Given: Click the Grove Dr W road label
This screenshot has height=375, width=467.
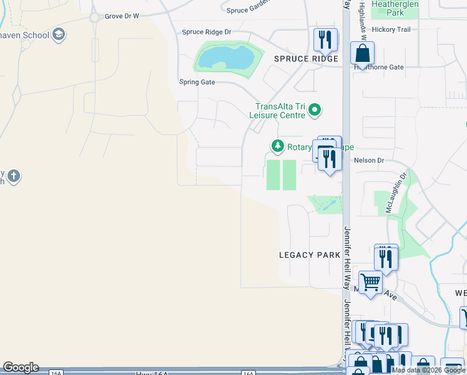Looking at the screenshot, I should [x=122, y=16].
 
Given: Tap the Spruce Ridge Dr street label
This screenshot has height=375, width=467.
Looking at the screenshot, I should [x=206, y=32].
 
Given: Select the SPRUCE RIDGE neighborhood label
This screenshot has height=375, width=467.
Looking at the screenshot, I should [x=306, y=59].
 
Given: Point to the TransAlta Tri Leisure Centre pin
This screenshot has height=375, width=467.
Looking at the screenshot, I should [x=315, y=111].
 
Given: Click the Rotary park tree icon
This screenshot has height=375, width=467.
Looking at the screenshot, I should [x=277, y=146].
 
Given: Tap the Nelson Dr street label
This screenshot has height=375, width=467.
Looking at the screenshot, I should [x=368, y=161].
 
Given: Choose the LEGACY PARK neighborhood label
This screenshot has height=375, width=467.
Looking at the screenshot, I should [x=310, y=255].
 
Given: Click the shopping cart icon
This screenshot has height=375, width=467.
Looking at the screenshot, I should [x=370, y=282].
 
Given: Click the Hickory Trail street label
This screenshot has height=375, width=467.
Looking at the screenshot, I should [x=391, y=29].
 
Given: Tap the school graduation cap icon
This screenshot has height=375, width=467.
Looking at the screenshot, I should [x=59, y=34].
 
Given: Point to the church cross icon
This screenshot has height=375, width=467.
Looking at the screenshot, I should [x=14, y=176].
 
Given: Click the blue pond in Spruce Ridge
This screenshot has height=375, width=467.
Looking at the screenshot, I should [x=226, y=59].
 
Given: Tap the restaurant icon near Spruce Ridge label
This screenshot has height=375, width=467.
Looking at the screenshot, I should [x=325, y=40].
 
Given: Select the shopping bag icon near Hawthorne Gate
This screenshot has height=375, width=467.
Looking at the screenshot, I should [x=362, y=54].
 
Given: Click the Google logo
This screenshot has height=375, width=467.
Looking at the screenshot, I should [x=21, y=367].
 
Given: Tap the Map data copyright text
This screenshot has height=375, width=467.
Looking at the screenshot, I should [x=429, y=370].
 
